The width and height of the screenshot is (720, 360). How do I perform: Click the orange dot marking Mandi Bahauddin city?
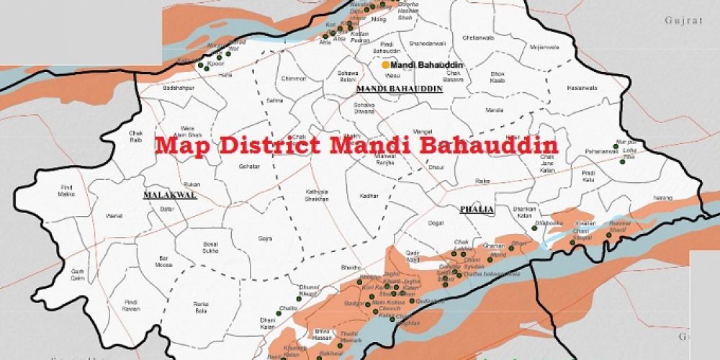(385, 65)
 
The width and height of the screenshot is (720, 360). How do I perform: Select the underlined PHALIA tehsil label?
(477, 210)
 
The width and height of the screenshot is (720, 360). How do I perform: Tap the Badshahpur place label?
(159, 87)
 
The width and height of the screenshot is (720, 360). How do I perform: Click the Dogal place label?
(435, 224)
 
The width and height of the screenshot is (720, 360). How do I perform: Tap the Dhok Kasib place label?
(498, 76)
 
